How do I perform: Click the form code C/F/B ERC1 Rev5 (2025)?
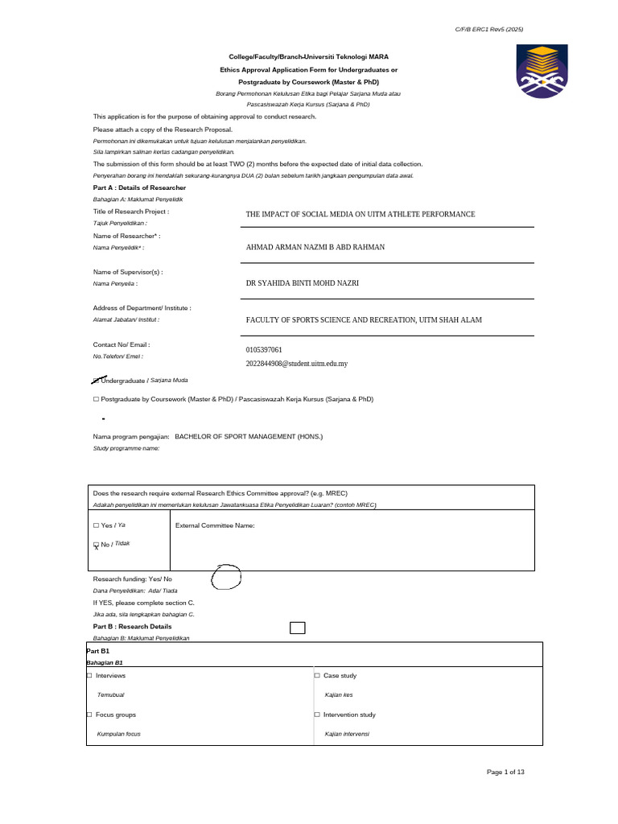click(x=489, y=30)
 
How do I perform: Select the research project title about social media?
click(x=360, y=215)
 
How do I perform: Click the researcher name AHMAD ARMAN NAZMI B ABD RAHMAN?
click(x=315, y=248)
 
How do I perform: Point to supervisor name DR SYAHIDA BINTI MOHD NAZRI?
click(x=302, y=284)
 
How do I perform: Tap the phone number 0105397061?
click(x=264, y=350)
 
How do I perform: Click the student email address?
click(x=296, y=364)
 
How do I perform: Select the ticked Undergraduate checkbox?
click(x=97, y=379)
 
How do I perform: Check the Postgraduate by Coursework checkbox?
click(x=96, y=399)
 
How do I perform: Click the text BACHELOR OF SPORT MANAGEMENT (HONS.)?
click(x=249, y=436)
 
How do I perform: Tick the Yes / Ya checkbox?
click(x=96, y=525)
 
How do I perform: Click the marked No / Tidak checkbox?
click(x=96, y=545)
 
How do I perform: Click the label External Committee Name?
click(x=215, y=525)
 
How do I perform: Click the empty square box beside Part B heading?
click(x=297, y=628)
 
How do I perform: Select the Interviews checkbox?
click(x=89, y=676)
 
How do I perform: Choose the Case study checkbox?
click(x=317, y=676)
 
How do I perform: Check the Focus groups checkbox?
click(x=89, y=715)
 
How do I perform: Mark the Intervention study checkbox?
click(x=317, y=715)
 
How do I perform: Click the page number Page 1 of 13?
click(x=505, y=772)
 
